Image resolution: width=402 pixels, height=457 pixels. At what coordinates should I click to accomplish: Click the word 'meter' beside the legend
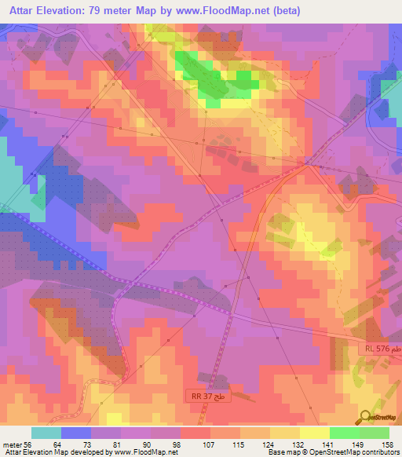point(13,444)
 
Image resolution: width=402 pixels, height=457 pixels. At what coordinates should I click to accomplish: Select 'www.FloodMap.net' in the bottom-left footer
point(143,452)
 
